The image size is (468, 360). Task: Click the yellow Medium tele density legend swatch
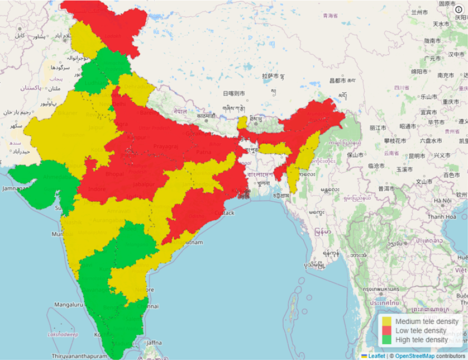click(388, 322)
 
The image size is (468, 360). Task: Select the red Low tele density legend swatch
click(388, 331)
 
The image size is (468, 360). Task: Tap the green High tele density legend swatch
click(388, 340)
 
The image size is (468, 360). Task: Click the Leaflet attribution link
click(375, 356)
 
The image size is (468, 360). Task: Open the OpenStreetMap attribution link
click(415, 356)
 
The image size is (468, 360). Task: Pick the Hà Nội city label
click(442, 201)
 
